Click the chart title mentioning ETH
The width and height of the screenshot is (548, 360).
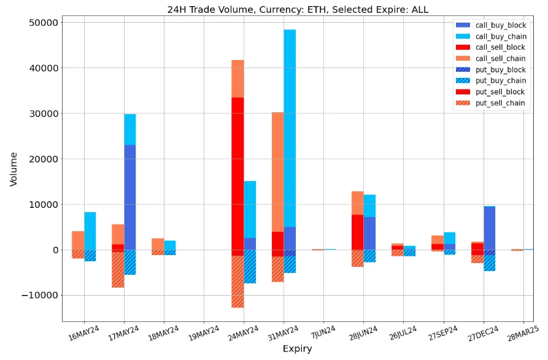[x=298, y=9]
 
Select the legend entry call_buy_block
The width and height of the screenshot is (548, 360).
[x=501, y=25]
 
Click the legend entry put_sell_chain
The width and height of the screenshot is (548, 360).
[x=501, y=103]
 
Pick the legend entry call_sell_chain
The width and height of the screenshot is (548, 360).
[x=501, y=58]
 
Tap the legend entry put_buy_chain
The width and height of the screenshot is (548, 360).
[x=501, y=80]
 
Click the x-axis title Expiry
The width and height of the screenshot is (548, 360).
[x=297, y=349]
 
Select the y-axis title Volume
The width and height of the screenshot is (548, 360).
[x=14, y=169]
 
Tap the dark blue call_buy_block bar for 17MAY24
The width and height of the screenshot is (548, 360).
[x=130, y=197]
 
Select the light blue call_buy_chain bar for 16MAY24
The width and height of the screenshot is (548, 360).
[x=90, y=231]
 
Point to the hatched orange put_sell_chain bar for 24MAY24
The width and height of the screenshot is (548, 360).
[x=237, y=281]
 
